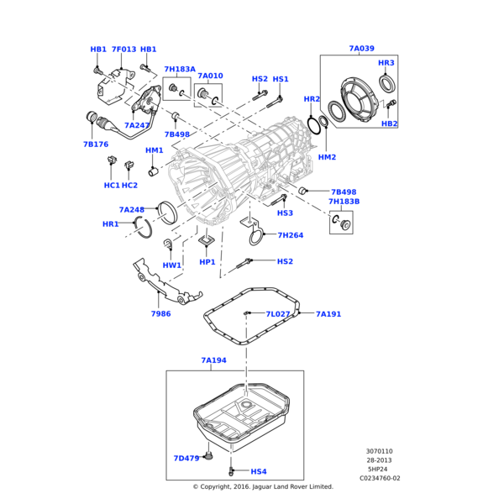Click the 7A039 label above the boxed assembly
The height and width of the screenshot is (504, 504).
tap(361, 49)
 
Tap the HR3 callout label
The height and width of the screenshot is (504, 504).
tap(386, 63)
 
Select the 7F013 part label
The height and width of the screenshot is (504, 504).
tap(123, 50)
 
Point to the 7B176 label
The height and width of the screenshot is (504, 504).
tap(96, 144)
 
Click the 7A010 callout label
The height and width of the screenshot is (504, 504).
tap(210, 76)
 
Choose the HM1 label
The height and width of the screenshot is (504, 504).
tap(155, 150)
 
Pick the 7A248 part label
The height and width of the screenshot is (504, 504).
tap(132, 209)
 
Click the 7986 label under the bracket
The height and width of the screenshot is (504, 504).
tap(161, 313)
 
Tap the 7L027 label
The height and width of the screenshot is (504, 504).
tap(278, 313)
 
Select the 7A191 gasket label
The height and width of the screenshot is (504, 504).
tap(328, 313)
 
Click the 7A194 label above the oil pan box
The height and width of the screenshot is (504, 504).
tap(214, 360)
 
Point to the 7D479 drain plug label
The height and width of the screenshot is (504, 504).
tap(186, 458)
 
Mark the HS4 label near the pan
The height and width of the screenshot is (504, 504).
tap(258, 471)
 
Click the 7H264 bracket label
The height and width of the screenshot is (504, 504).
tap(290, 235)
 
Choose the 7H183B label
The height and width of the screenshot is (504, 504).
tap(344, 202)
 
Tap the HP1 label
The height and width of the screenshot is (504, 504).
tap(207, 261)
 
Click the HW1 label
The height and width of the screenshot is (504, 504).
tap(172, 265)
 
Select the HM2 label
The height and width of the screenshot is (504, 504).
tap(327, 157)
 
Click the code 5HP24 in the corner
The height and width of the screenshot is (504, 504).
tap(379, 470)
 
